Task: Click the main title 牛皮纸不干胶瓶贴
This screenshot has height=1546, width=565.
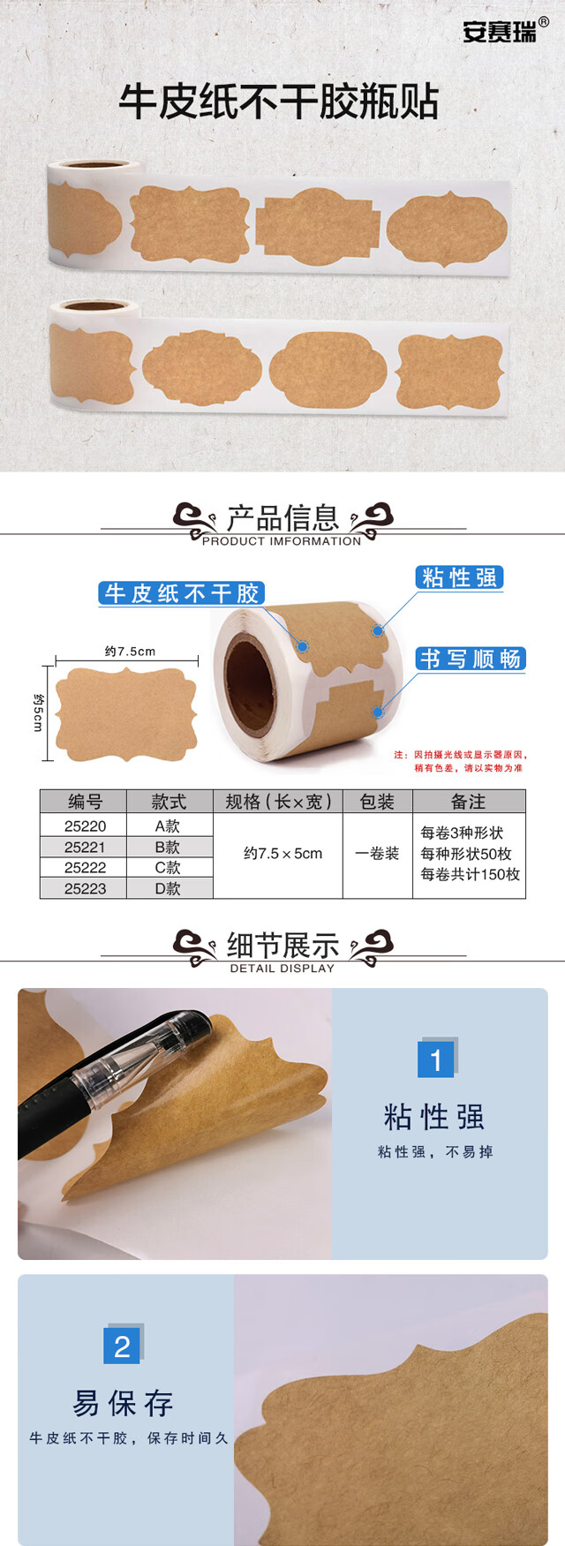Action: click(279, 102)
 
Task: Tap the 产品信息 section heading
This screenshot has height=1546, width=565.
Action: click(282, 517)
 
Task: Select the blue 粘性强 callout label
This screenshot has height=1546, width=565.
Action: click(459, 577)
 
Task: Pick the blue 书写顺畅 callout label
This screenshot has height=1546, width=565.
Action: click(471, 659)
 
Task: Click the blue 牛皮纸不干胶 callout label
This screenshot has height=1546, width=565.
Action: click(181, 593)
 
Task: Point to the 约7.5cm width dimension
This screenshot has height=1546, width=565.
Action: click(130, 652)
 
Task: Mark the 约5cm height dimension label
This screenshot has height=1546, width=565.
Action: click(38, 712)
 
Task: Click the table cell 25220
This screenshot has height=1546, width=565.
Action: click(85, 826)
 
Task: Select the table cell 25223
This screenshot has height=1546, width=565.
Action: click(85, 888)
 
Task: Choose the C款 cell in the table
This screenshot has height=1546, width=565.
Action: click(168, 867)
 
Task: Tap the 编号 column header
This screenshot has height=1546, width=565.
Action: click(85, 802)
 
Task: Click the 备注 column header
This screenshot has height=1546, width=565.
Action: click(469, 802)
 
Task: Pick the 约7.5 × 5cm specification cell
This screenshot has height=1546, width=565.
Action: click(282, 854)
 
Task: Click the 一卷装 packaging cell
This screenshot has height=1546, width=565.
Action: click(377, 854)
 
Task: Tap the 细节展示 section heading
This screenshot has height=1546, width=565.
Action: click(282, 946)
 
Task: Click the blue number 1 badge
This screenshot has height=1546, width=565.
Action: click(436, 1059)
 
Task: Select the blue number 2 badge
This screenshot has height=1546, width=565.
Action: click(123, 1345)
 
